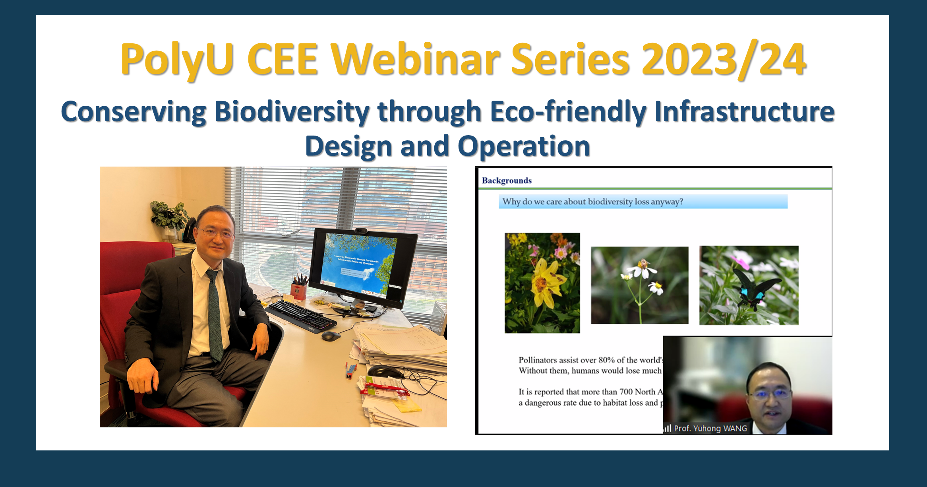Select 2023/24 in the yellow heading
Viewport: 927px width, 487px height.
(x=723, y=60)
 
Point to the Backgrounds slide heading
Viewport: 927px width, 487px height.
(x=507, y=180)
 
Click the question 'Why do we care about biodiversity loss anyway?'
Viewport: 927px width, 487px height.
(x=592, y=202)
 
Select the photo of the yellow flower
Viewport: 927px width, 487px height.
(x=542, y=283)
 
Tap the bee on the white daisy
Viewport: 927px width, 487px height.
(x=643, y=264)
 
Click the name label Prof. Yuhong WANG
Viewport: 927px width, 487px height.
(x=710, y=428)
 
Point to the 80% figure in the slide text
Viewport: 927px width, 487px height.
(x=606, y=360)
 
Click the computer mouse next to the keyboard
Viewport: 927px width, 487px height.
(x=331, y=336)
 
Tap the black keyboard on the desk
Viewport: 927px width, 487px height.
(x=301, y=316)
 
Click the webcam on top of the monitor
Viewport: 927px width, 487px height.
(x=361, y=231)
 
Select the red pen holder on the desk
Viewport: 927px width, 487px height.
(x=298, y=291)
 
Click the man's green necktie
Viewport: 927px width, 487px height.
(x=214, y=314)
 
